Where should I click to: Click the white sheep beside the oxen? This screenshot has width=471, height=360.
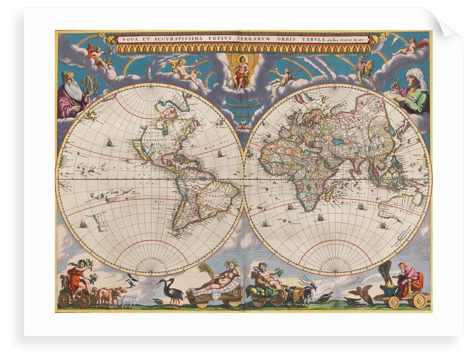[129, 301]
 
